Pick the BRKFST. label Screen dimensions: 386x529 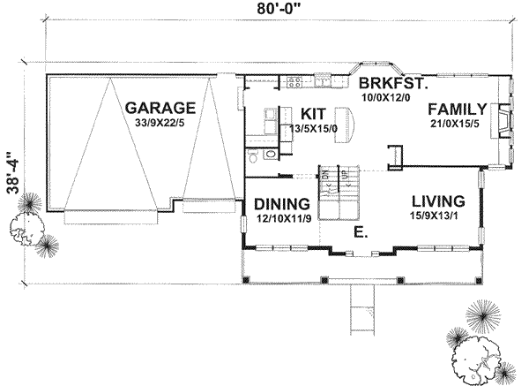[392, 84]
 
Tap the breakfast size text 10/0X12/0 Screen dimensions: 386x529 [387, 97]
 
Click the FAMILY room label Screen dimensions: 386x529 [458, 110]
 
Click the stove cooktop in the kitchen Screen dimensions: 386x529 [294, 83]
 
